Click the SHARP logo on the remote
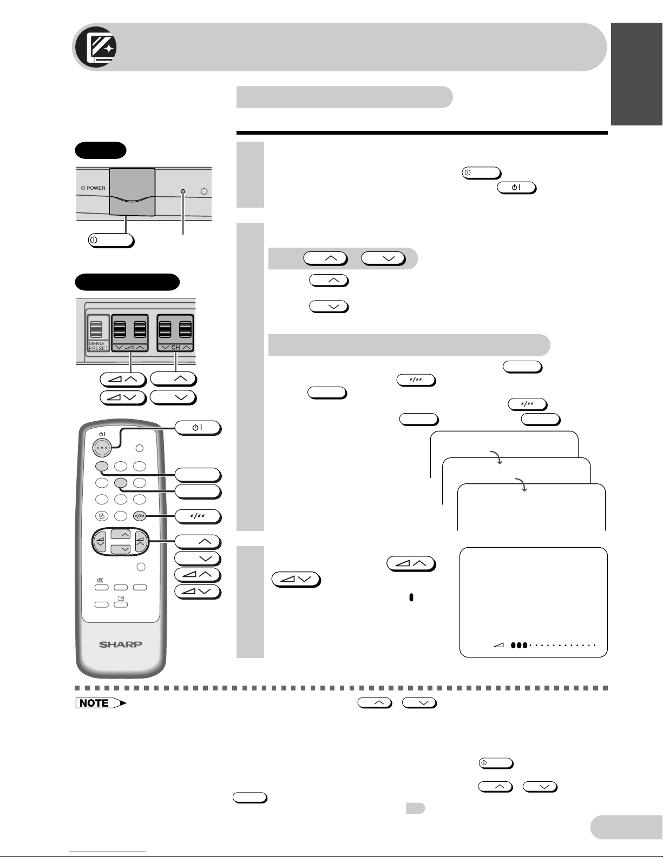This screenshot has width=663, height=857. (120, 645)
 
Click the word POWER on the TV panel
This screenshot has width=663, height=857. (96, 188)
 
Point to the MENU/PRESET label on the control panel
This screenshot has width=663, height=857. (99, 346)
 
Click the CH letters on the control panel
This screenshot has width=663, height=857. (175, 348)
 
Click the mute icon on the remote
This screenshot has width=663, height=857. (101, 580)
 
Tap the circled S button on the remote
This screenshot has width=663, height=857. (102, 515)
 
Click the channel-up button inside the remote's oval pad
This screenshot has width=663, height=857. (121, 534)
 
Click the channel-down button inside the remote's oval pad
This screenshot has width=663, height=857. (121, 549)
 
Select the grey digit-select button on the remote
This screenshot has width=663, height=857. (140, 515)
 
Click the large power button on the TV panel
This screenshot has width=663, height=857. (132, 192)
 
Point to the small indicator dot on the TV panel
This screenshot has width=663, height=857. (183, 191)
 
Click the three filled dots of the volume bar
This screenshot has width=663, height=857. (519, 645)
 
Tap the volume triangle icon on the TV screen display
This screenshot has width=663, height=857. (499, 645)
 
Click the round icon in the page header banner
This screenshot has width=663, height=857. (96, 47)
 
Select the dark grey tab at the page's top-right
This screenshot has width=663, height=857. (637, 74)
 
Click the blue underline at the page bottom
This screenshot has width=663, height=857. (107, 852)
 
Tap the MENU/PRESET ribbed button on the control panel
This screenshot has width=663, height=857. (96, 329)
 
